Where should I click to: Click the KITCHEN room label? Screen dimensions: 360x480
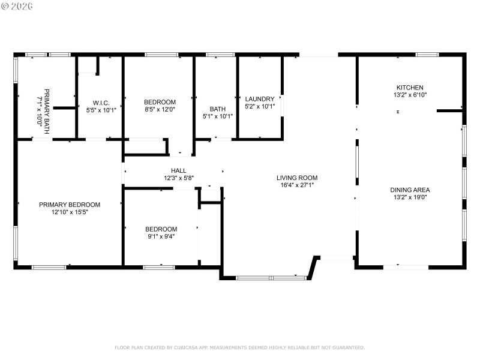(410, 87)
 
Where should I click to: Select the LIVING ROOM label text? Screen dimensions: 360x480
(296, 178)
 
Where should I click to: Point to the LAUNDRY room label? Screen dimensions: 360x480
(260, 99)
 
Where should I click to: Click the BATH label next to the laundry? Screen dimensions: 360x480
(217, 109)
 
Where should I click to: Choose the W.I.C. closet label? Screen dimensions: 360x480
(101, 103)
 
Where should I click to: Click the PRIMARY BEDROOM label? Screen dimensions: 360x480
(70, 205)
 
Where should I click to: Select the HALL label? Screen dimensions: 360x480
(178, 170)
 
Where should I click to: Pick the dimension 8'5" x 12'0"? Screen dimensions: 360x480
(160, 109)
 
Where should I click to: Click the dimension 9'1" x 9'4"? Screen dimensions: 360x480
(161, 236)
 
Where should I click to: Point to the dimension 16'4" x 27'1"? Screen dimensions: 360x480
(296, 185)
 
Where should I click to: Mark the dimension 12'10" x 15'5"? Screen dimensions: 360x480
(70, 212)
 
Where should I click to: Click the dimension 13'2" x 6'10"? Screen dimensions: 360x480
(410, 95)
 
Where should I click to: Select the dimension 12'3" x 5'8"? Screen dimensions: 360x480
(178, 178)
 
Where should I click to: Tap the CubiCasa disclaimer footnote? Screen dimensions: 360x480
(239, 347)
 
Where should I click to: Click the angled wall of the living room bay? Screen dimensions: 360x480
(313, 268)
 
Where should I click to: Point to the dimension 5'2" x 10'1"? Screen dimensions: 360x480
(260, 107)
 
